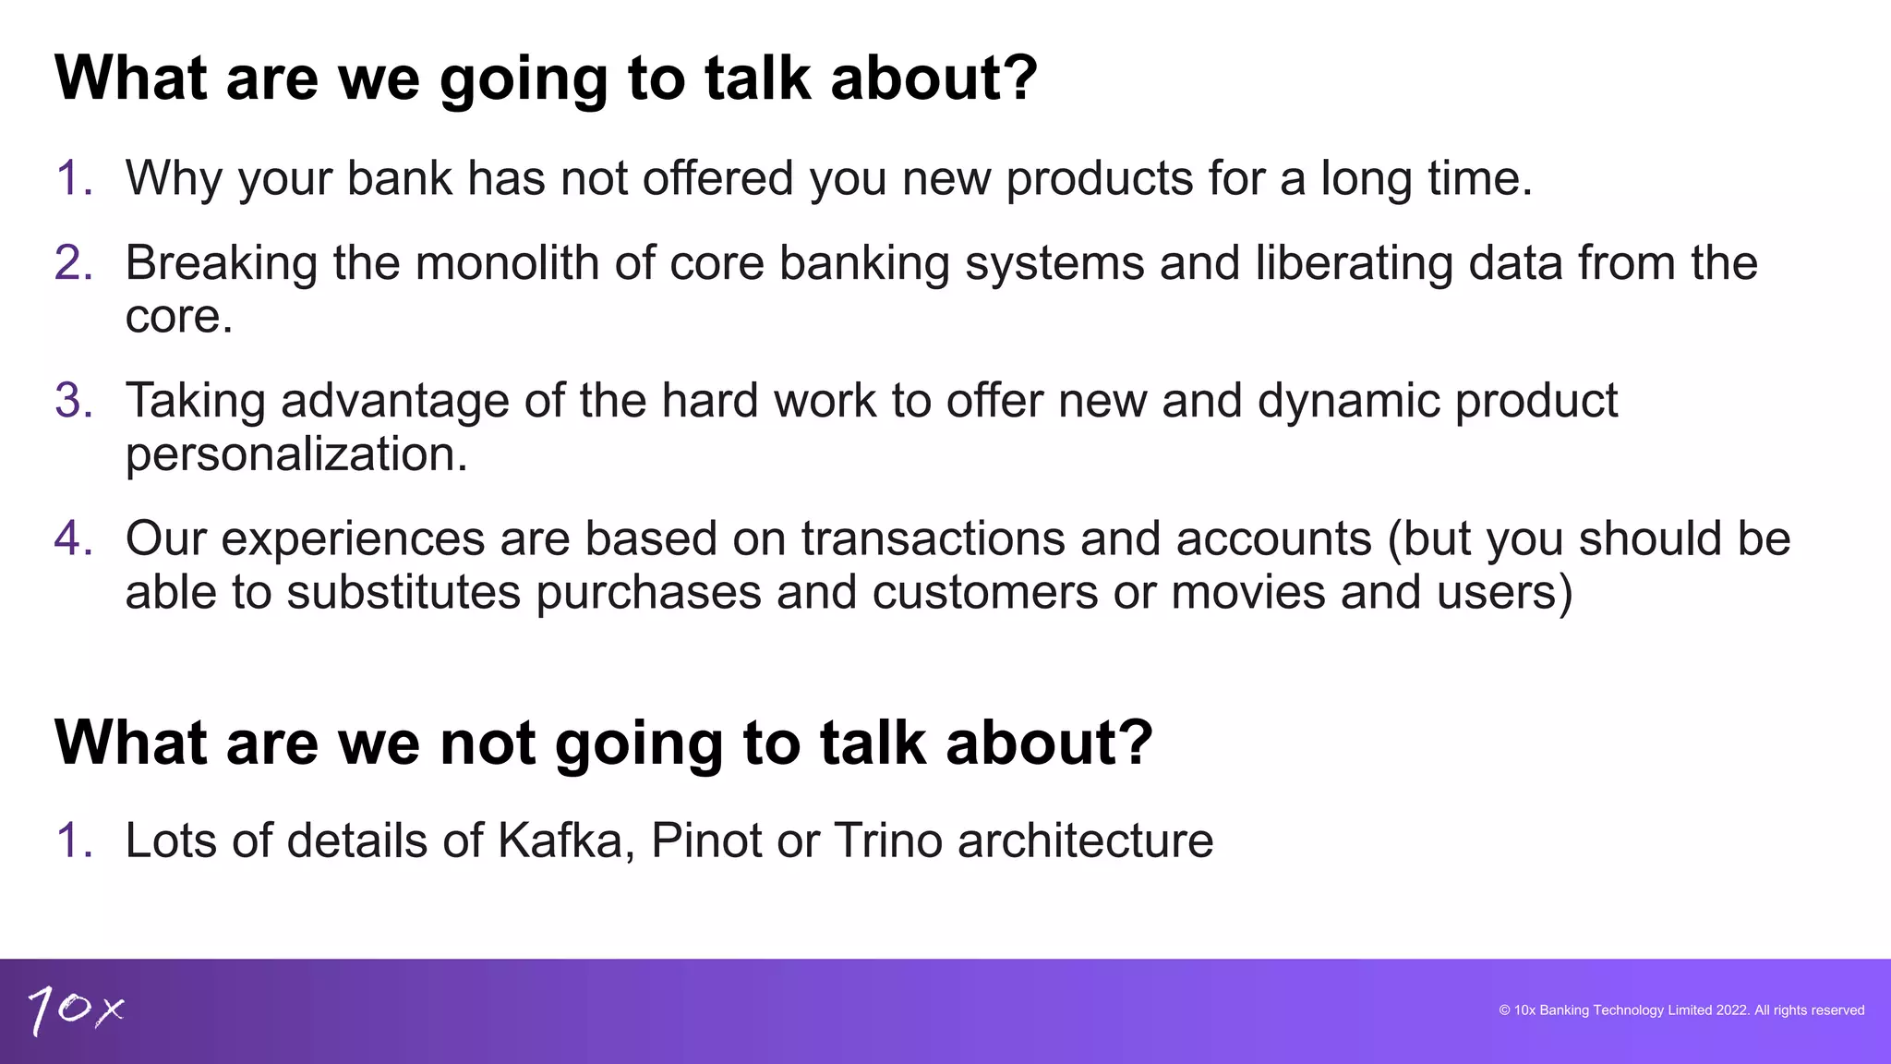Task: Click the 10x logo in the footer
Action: pos(76,1010)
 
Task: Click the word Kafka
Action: pos(560,840)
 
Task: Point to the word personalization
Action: pos(296,454)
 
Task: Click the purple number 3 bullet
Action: pos(73,401)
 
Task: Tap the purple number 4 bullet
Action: pos(73,538)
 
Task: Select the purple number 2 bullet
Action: pos(73,263)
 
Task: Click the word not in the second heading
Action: pos(487,743)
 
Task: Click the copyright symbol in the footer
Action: pos(1504,1010)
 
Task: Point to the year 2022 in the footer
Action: pos(1732,1010)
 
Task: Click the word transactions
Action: pos(933,538)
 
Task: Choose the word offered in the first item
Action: pos(717,178)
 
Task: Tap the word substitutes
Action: pos(403,592)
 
